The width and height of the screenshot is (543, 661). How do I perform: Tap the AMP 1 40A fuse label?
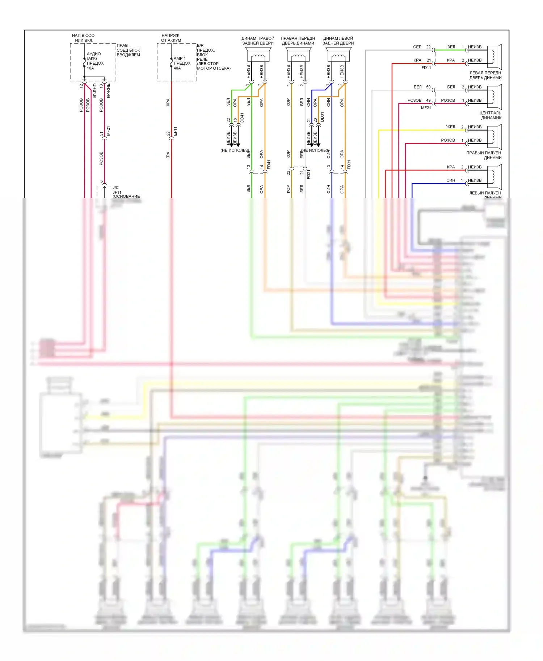tap(182, 63)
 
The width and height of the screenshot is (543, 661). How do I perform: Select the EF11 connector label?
tap(175, 131)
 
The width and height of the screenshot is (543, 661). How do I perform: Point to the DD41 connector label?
tap(242, 118)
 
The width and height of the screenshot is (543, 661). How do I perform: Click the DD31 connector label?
tap(322, 117)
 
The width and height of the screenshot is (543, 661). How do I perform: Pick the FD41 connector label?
tap(269, 165)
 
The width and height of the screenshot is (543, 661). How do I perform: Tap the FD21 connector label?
tap(308, 175)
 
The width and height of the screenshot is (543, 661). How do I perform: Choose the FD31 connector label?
tap(349, 165)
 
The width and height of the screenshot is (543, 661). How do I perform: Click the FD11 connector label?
tap(426, 68)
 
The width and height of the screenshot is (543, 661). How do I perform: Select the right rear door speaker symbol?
tap(258, 56)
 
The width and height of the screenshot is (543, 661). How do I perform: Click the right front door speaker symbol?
tap(298, 56)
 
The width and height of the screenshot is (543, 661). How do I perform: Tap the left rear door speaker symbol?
tap(338, 56)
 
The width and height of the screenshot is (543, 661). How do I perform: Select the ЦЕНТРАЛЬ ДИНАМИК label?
tap(491, 115)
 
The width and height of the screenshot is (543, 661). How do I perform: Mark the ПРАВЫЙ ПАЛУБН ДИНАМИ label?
tap(484, 155)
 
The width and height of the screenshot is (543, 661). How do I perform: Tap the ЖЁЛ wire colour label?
tap(450, 127)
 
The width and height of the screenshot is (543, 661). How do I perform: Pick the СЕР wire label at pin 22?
tap(417, 47)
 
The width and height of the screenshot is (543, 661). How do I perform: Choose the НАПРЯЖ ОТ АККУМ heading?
tap(171, 38)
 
